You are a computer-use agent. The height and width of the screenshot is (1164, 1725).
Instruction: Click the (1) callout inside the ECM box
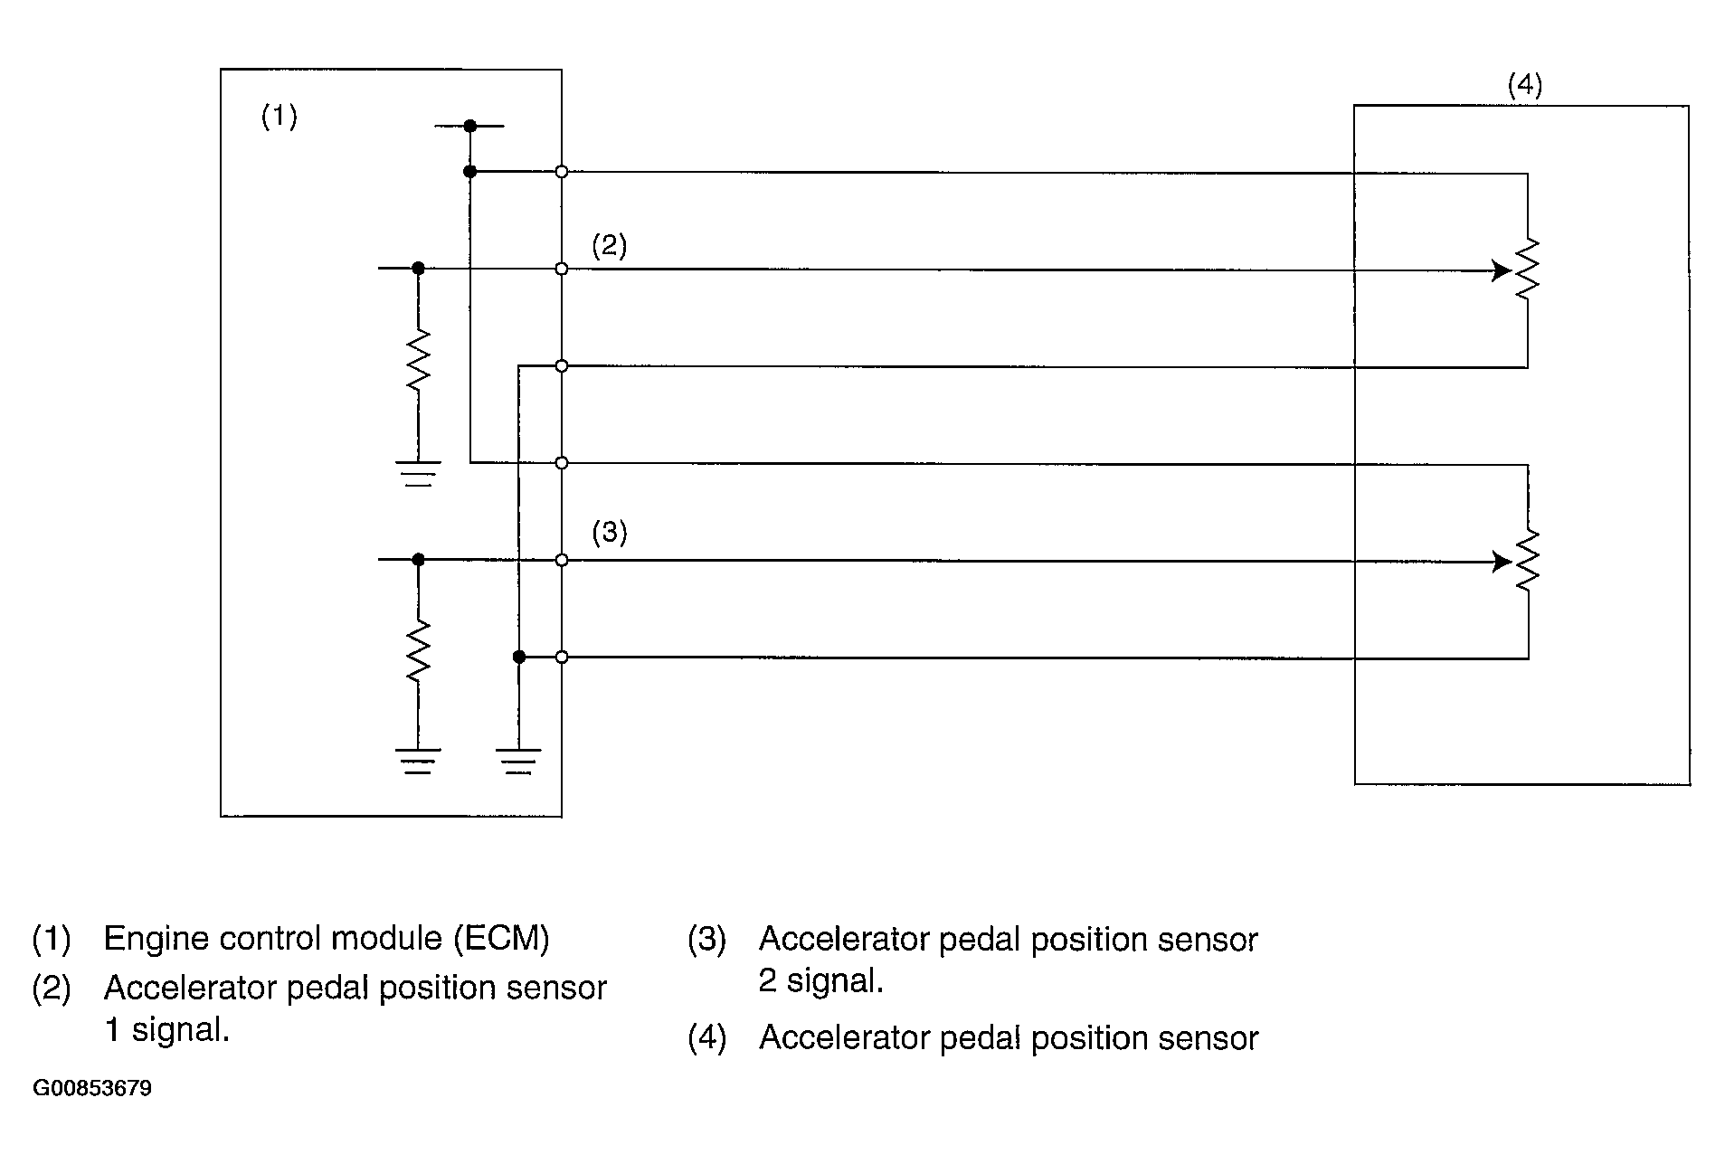[279, 117]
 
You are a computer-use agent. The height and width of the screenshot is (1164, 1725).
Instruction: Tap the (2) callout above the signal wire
[609, 246]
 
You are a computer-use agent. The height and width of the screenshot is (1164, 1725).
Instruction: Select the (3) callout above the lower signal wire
[609, 532]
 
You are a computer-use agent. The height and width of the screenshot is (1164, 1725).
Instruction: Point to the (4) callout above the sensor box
[1524, 86]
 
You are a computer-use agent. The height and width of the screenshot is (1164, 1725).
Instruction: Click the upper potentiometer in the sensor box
[1527, 270]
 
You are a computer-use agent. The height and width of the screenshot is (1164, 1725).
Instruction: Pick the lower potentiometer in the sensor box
[1527, 561]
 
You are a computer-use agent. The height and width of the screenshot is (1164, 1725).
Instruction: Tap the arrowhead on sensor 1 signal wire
[1501, 270]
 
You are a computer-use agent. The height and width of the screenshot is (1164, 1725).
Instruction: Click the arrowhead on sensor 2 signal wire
[1501, 562]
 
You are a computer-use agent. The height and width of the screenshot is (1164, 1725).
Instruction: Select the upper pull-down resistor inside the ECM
[418, 360]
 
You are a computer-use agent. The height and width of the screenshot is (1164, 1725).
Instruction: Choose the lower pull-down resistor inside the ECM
[418, 651]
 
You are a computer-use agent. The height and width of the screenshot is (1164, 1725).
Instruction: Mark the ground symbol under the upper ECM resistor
[418, 473]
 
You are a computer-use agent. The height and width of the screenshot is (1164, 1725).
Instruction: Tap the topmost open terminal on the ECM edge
[562, 171]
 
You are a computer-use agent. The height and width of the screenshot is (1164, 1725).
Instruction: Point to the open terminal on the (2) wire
[562, 269]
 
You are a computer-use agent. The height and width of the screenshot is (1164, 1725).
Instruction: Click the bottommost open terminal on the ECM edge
[562, 657]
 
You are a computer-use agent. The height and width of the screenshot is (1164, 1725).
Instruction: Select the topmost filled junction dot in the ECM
[469, 126]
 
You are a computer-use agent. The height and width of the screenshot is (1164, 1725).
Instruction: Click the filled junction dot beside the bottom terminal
[518, 657]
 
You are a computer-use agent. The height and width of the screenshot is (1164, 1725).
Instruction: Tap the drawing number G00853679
[92, 1088]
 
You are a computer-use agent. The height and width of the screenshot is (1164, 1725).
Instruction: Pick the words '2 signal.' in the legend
[820, 981]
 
